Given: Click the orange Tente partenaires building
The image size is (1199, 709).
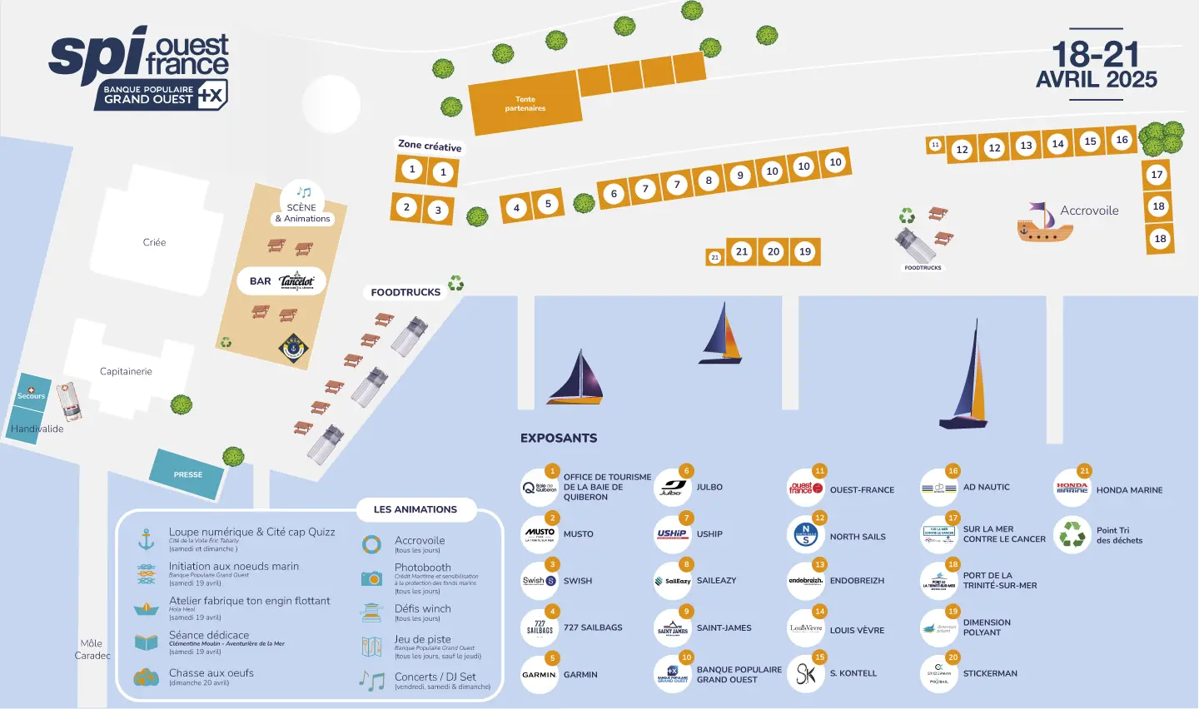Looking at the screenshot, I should tap(524, 104).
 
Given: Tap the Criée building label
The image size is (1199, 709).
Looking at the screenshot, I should tap(154, 242).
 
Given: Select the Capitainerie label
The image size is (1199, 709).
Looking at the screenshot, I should tap(126, 371).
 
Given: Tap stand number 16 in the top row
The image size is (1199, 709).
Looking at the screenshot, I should tap(1122, 140).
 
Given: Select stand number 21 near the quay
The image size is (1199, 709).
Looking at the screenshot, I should tap(742, 251).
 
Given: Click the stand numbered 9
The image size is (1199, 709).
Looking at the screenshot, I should tap(739, 176).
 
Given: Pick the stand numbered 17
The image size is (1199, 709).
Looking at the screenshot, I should tap(1157, 175).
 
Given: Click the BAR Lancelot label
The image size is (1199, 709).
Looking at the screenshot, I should tap(281, 281).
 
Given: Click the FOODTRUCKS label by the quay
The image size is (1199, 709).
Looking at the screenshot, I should tap(405, 292).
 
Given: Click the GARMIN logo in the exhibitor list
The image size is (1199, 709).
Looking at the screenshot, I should tap(539, 675).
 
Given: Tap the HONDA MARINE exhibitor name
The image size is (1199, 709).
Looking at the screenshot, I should tap(1129, 490).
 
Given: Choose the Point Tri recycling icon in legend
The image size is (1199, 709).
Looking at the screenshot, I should tap(1072, 534).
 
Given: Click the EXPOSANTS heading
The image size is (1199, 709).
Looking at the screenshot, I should tap(559, 438).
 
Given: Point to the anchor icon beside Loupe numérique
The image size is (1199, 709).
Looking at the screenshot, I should tap(147, 539).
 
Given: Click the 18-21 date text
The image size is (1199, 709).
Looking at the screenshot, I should tap(1095, 55).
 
